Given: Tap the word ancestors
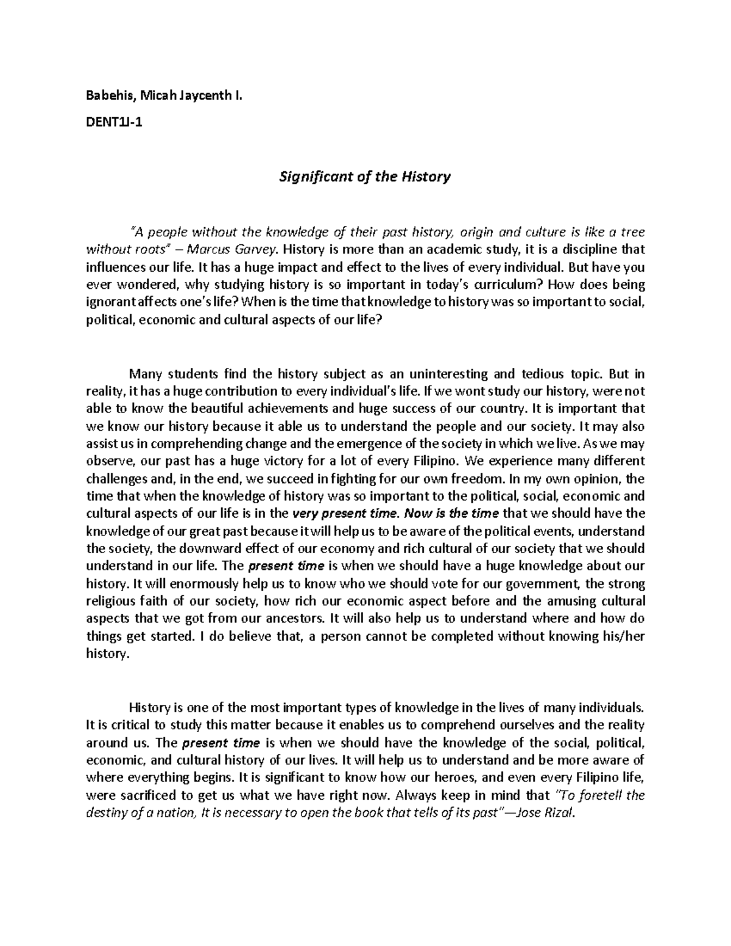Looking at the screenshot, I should point(289,619).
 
